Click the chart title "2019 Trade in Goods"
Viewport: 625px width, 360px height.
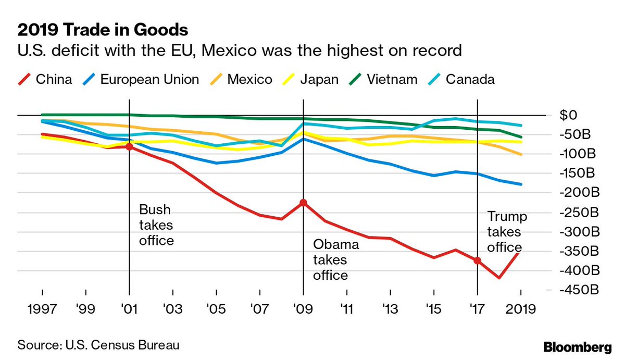(x=103, y=29)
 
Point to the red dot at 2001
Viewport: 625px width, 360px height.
(x=129, y=147)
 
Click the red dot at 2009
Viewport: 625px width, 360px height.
(x=303, y=203)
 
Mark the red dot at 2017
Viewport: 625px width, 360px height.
(x=477, y=260)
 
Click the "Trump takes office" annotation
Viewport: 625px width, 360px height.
(x=506, y=232)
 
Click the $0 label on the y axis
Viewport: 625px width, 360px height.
(x=572, y=115)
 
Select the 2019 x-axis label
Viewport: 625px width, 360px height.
(x=521, y=309)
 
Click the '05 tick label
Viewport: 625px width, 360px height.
(x=216, y=309)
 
